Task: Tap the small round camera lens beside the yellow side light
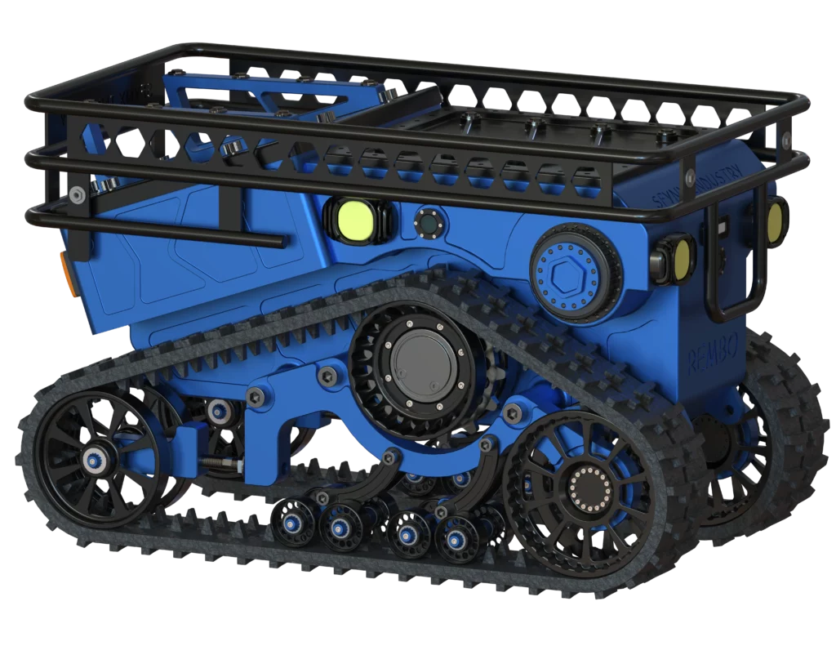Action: tap(426, 221)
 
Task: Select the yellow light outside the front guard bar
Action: tap(773, 221)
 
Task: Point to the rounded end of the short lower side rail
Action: tap(282, 242)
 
